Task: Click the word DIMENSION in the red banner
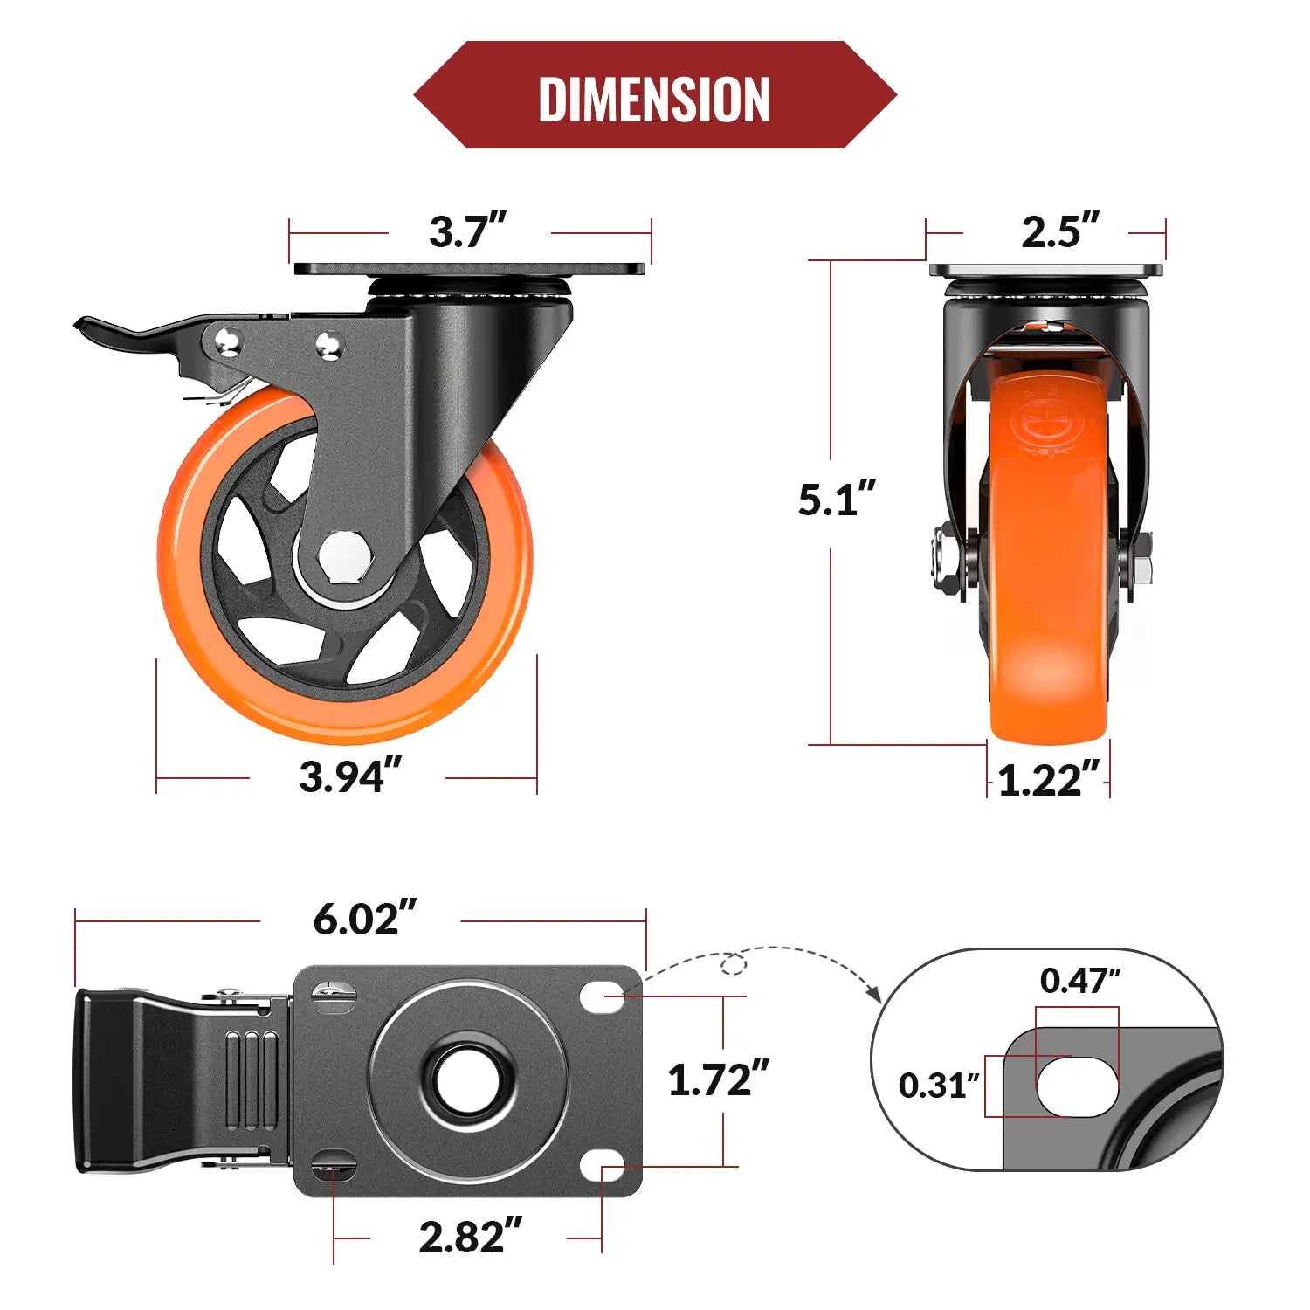(654, 99)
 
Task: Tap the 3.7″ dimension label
(467, 232)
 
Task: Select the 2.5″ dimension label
(1059, 232)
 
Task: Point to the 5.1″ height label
(836, 499)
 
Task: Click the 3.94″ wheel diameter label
(349, 776)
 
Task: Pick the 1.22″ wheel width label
(1048, 780)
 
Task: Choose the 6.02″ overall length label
(364, 919)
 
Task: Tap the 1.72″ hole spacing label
(718, 1080)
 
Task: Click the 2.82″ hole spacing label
(470, 1237)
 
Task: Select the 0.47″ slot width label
(1079, 981)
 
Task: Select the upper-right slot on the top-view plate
(602, 996)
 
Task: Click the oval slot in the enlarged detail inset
(1077, 1086)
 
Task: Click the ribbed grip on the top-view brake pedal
(252, 1080)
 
